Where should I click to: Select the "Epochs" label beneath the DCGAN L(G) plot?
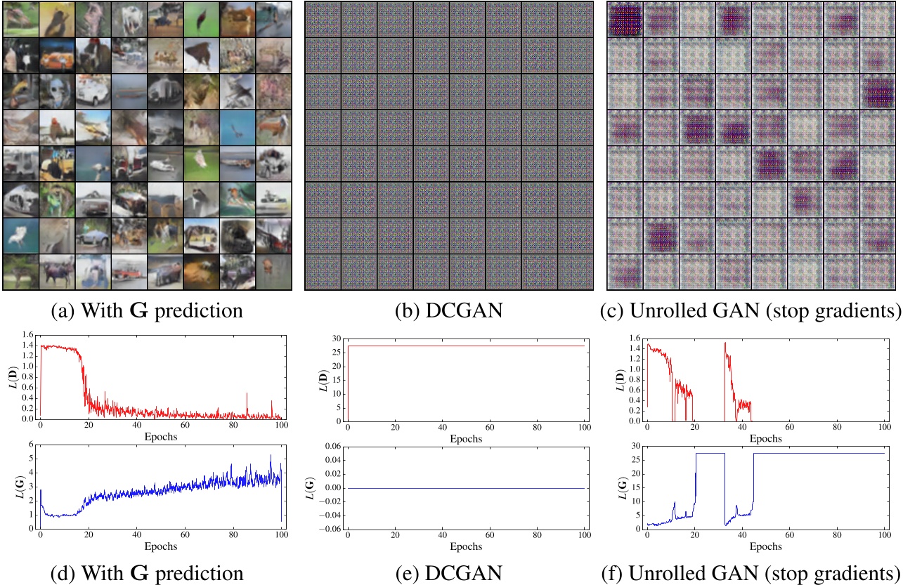click(x=465, y=546)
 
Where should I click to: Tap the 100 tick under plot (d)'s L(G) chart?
click(x=281, y=537)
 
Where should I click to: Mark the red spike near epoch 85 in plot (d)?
click(x=247, y=394)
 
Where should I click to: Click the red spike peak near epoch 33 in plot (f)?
click(x=725, y=343)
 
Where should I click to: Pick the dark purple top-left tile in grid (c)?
click(x=625, y=19)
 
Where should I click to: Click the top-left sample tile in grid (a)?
click(x=20, y=19)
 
